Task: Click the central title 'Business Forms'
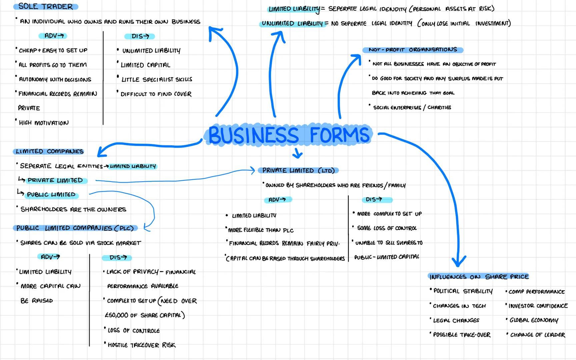click(x=289, y=135)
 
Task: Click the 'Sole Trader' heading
click(x=46, y=6)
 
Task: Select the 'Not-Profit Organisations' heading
click(x=413, y=50)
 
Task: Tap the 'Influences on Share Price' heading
click(x=479, y=277)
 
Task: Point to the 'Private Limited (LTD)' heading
click(x=298, y=170)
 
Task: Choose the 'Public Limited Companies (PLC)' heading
click(x=75, y=228)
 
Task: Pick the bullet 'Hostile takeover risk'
click(x=141, y=345)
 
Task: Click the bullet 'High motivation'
click(x=44, y=123)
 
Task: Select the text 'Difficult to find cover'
click(x=156, y=94)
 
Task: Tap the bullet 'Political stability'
click(x=463, y=291)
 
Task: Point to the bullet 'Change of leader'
click(x=537, y=335)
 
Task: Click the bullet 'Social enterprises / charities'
click(x=412, y=107)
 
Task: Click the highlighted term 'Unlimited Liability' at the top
click(x=292, y=23)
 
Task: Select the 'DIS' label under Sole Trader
click(x=140, y=36)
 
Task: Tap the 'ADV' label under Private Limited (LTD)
click(x=277, y=200)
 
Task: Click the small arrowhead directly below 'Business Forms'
click(x=297, y=154)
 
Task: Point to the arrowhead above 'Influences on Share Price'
click(x=459, y=261)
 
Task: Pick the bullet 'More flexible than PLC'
click(x=261, y=230)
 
